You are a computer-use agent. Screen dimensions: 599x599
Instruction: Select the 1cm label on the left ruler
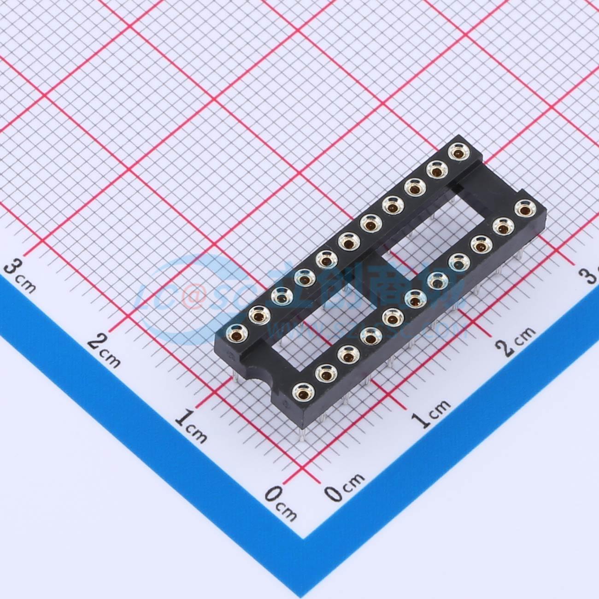pyautogui.click(x=192, y=426)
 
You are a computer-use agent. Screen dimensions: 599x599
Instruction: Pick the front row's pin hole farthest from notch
pyautogui.click(x=523, y=209)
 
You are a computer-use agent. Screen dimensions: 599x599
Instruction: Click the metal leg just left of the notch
pyautogui.click(x=236, y=377)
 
